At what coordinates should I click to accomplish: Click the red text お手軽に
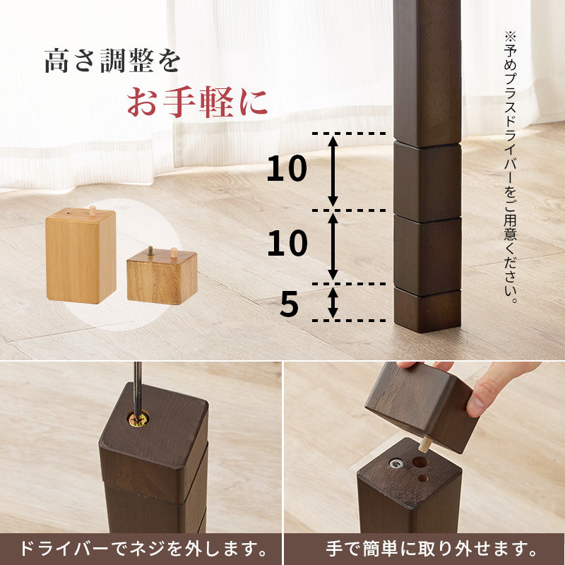197,102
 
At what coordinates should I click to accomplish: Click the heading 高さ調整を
112,61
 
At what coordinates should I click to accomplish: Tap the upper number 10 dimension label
287,169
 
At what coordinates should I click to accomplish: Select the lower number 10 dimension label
287,244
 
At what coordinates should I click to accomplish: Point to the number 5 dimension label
290,304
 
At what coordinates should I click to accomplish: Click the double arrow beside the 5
333,302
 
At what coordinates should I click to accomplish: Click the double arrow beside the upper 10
333,171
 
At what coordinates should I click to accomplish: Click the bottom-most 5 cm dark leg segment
427,311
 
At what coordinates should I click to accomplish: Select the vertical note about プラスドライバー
511,166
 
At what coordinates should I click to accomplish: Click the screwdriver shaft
138,385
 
